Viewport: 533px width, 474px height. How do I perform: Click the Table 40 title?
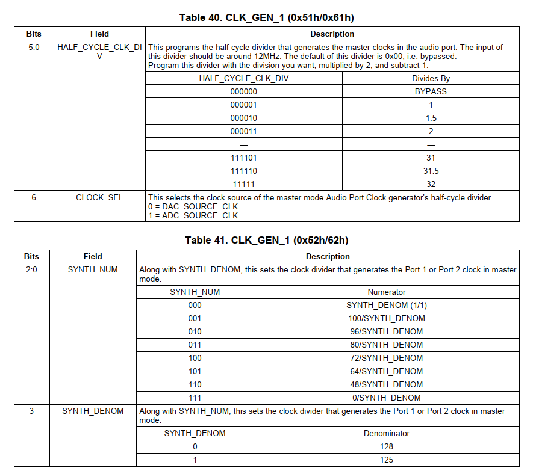click(266, 17)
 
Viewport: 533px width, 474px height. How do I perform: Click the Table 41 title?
click(266, 241)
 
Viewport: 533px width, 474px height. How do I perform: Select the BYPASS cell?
click(431, 91)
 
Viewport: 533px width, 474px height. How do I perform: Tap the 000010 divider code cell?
click(244, 118)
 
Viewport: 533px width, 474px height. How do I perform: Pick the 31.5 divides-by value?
click(431, 171)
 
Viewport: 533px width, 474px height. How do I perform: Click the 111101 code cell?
click(244, 158)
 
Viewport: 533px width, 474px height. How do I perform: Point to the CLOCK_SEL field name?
click(99, 197)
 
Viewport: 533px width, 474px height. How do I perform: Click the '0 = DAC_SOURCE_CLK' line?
click(193, 206)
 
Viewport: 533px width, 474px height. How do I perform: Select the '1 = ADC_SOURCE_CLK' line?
click(193, 215)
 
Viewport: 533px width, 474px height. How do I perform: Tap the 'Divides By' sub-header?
click(431, 78)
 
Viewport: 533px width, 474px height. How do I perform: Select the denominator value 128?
click(386, 446)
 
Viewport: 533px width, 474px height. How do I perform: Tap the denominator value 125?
click(386, 460)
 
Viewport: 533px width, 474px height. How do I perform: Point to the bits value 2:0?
click(31, 269)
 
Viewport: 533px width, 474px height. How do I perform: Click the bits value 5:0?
click(34, 47)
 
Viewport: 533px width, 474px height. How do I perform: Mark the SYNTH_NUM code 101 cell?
click(195, 371)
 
